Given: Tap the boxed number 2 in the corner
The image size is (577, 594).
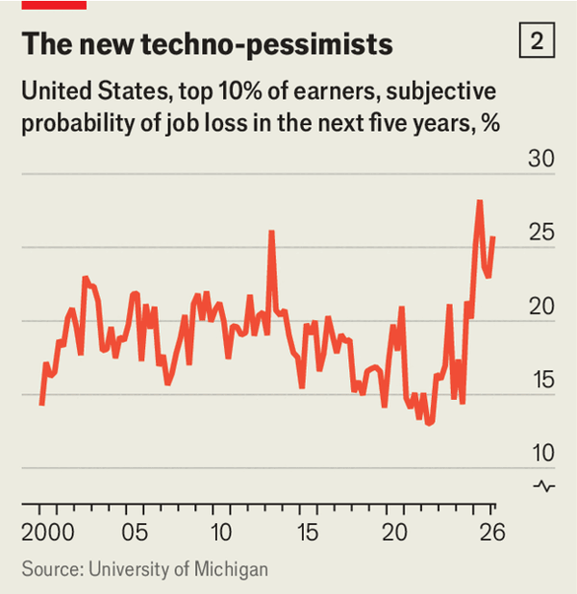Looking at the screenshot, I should [x=537, y=41].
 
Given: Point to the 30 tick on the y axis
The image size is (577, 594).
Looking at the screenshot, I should [x=541, y=159].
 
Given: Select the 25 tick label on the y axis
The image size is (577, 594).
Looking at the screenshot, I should [x=541, y=233].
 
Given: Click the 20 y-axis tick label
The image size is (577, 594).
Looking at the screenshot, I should [x=541, y=306].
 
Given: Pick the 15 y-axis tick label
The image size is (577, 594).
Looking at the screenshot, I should [x=541, y=380].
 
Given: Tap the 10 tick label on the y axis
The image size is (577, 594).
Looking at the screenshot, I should [x=541, y=453].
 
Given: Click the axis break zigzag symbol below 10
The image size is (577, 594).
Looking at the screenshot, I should [x=544, y=485].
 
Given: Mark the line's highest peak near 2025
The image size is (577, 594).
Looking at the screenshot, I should [x=479, y=201].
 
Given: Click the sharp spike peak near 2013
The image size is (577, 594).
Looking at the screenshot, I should [x=271, y=232].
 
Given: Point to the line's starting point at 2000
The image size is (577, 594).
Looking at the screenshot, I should [x=41, y=405].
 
